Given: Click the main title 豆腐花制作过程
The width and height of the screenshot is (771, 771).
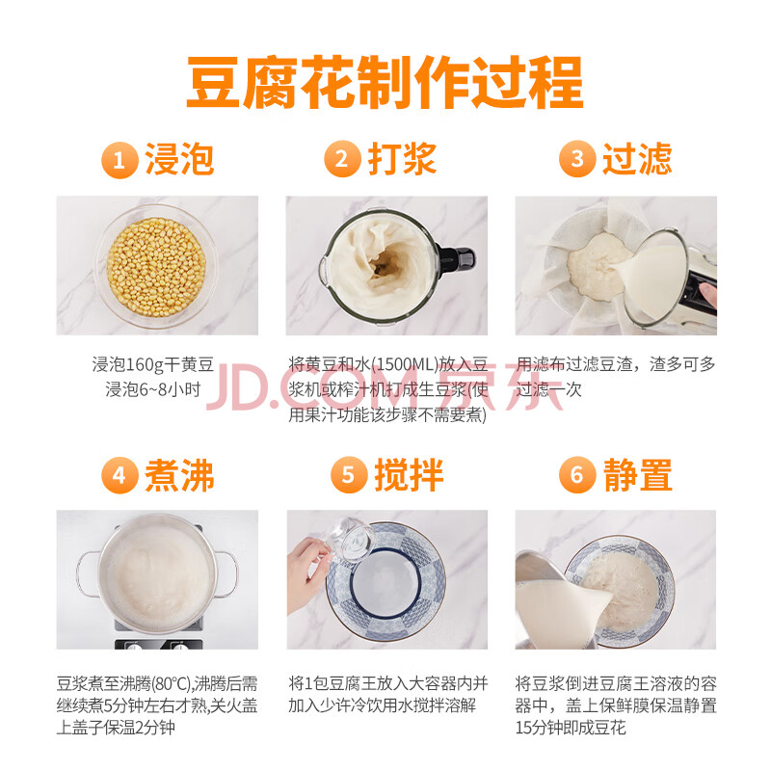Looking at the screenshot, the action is [385, 82].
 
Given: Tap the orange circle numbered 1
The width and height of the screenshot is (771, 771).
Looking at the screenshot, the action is [120, 160].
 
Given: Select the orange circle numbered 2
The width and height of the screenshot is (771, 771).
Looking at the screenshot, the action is [342, 159].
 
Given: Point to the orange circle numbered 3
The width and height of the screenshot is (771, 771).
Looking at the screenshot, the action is [577, 159].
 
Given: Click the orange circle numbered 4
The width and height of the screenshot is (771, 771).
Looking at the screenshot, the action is [120, 475].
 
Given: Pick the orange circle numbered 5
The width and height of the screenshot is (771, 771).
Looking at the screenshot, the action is [349, 474].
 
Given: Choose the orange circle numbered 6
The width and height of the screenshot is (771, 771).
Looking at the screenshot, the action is [577, 474].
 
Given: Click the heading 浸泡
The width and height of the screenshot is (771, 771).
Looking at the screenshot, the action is [179, 159].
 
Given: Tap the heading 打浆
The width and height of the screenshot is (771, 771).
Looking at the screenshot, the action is [402, 158].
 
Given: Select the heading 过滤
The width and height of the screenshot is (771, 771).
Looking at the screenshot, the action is [637, 158].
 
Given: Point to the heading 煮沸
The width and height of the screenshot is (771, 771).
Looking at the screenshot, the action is [179, 475].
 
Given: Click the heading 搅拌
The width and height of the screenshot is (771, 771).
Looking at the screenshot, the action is [409, 474].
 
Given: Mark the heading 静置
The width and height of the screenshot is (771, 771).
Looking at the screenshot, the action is [638, 474].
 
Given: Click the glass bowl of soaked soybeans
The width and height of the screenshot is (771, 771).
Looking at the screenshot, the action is [156, 267].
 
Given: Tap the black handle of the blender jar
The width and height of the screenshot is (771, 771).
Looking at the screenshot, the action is [455, 259].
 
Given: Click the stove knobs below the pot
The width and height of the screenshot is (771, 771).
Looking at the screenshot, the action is [158, 644].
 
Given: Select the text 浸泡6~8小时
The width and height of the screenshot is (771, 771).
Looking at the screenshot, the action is [153, 389].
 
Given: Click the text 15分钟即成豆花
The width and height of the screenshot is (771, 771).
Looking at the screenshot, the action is [571, 728].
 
